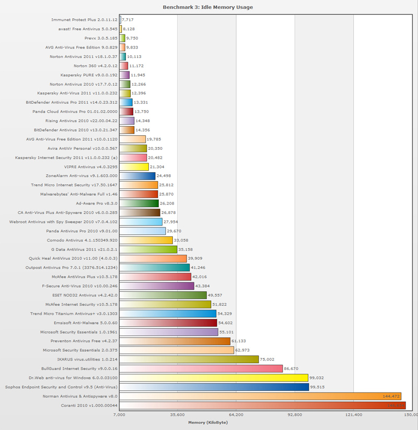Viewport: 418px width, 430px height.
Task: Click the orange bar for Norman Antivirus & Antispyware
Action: pos(260,396)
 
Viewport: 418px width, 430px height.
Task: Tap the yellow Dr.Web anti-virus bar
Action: pos(214,377)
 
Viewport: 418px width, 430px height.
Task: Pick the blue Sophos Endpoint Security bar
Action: pos(214,387)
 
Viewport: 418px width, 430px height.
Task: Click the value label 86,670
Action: pos(291,368)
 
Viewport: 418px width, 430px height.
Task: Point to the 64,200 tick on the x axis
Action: pos(236,415)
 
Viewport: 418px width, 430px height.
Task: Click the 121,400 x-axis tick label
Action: pos(354,415)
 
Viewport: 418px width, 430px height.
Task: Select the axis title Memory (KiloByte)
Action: pos(208,422)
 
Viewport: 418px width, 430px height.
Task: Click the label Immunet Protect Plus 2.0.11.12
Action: pos(84,20)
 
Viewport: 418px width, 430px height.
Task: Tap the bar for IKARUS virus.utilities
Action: pos(189,359)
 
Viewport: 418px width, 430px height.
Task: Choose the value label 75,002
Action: pos(267,359)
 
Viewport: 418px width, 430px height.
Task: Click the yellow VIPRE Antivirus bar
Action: pos(134,167)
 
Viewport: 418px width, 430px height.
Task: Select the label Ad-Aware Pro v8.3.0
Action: pos(97,204)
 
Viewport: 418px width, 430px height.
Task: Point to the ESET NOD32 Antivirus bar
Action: pos(163,295)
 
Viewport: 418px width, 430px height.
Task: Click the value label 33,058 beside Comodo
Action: pos(181,241)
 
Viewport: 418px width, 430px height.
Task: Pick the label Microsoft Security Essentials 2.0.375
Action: pos(80,350)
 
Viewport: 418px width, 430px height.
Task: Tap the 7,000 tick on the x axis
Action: pos(119,415)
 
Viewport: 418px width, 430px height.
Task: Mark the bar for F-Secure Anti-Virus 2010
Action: pos(157,286)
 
